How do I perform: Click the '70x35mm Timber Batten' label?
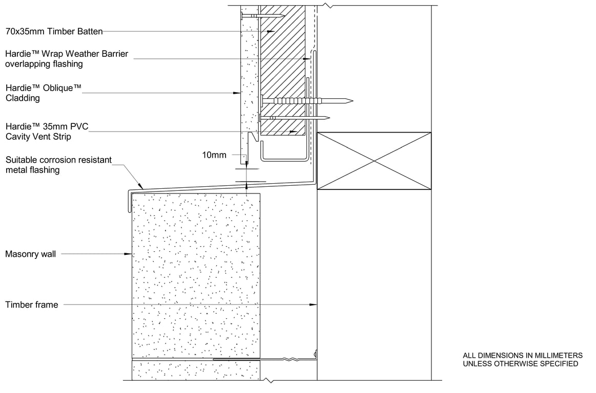[x=54, y=32]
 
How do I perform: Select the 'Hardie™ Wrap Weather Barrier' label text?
[x=67, y=54]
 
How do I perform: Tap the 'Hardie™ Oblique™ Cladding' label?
[x=44, y=93]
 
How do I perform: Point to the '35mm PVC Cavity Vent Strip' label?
[x=47, y=132]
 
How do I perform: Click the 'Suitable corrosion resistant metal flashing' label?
[x=58, y=165]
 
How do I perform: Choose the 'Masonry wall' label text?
[x=30, y=254]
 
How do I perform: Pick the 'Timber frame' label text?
[x=32, y=304]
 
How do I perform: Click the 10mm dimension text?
[x=214, y=155]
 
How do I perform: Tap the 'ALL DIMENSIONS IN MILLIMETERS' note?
[x=523, y=356]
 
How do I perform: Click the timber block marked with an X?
[x=374, y=161]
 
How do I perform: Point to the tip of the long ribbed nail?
[x=353, y=101]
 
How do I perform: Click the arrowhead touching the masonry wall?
[x=128, y=254]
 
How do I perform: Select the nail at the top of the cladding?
[x=262, y=16]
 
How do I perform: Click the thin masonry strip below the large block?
[x=196, y=370]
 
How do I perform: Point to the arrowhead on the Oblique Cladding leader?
[x=237, y=93]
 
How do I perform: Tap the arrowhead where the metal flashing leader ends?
[x=141, y=186]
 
